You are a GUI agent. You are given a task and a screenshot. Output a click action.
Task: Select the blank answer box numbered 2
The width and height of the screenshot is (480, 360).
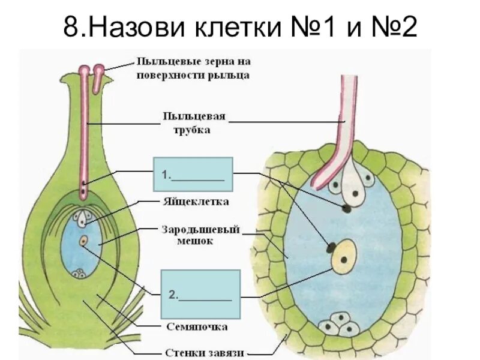[x=200, y=294]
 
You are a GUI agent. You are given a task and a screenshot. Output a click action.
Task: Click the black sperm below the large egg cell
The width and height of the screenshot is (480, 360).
[x=347, y=208]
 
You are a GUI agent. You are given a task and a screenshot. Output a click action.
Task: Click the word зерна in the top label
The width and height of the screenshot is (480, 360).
[x=212, y=61]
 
